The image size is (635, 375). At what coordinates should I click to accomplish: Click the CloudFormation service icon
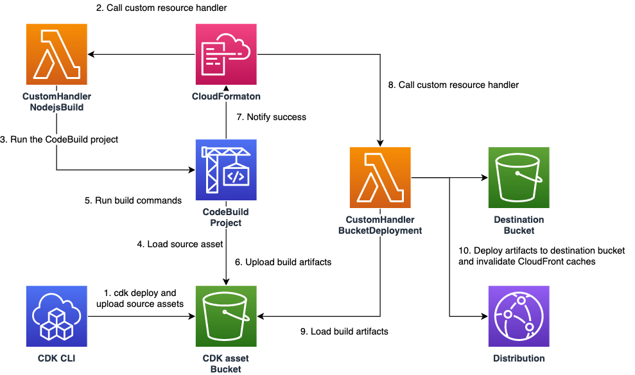tap(225, 55)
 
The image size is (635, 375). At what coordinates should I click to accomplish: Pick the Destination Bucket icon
tap(519, 177)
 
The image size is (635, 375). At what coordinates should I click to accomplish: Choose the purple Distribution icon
tap(519, 317)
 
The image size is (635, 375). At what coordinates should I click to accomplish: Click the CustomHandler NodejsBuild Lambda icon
tap(57, 55)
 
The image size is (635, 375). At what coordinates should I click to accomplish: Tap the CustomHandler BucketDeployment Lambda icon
tap(380, 177)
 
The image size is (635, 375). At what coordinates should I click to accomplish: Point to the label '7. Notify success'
tap(272, 117)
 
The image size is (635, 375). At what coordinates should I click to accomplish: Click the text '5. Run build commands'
tap(133, 200)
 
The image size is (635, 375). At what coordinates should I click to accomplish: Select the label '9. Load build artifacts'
tap(344, 331)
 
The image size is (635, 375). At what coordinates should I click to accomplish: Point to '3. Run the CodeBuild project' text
tap(59, 139)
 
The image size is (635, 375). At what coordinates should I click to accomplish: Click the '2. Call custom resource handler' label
tap(161, 8)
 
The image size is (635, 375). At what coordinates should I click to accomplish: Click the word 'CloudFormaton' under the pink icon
tap(225, 96)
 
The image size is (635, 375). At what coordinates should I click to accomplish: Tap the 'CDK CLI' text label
tap(57, 358)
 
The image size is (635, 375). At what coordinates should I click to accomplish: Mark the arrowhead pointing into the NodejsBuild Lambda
tap(92, 55)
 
